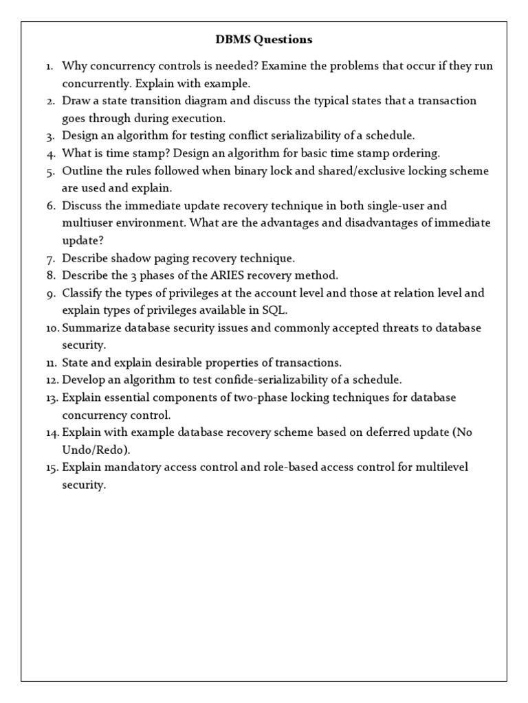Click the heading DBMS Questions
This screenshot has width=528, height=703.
263,40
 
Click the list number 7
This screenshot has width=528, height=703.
50,258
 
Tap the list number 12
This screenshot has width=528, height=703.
52,380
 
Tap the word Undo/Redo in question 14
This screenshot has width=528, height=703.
93,450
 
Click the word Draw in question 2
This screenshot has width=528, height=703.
75,100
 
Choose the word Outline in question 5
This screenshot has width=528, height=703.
80,170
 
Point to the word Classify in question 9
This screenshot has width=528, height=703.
81,293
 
